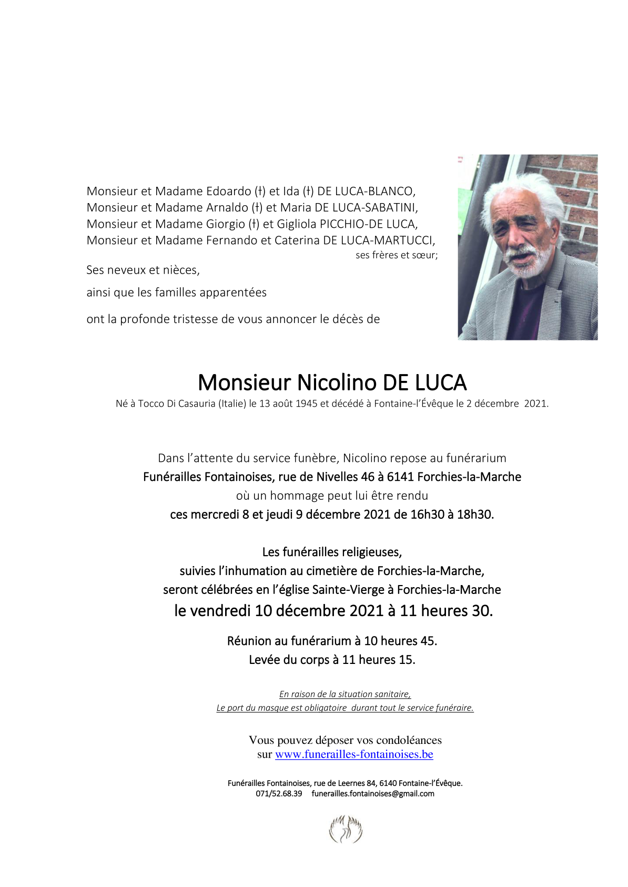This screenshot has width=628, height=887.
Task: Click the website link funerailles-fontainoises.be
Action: point(354,754)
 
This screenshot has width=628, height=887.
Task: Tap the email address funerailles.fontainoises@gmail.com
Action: point(373,793)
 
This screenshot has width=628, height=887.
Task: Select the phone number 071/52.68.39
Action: point(279,793)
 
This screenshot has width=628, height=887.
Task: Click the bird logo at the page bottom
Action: point(346,830)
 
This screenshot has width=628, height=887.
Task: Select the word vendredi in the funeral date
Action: point(220,611)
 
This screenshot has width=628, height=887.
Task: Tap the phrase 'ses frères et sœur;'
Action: point(397,256)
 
